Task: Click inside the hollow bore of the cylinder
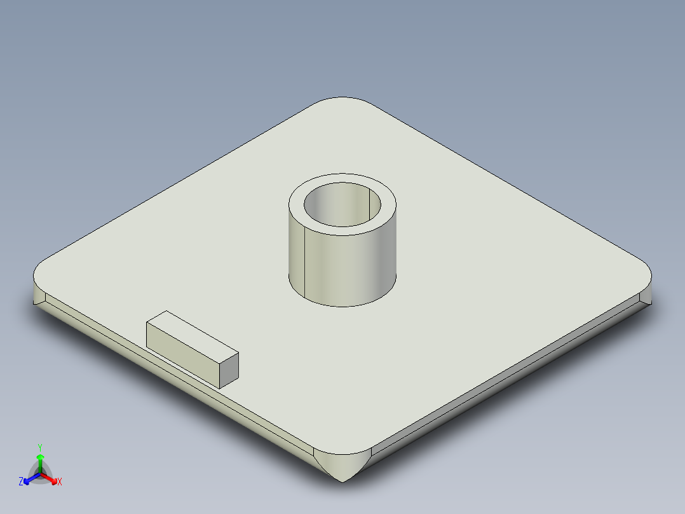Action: coord(342,207)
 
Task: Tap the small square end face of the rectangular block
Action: coord(229,370)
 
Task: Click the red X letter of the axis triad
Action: coord(60,482)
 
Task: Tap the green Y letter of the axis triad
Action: coord(40,447)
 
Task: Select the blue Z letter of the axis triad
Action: coord(21,482)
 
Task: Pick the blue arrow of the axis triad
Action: coord(29,479)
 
